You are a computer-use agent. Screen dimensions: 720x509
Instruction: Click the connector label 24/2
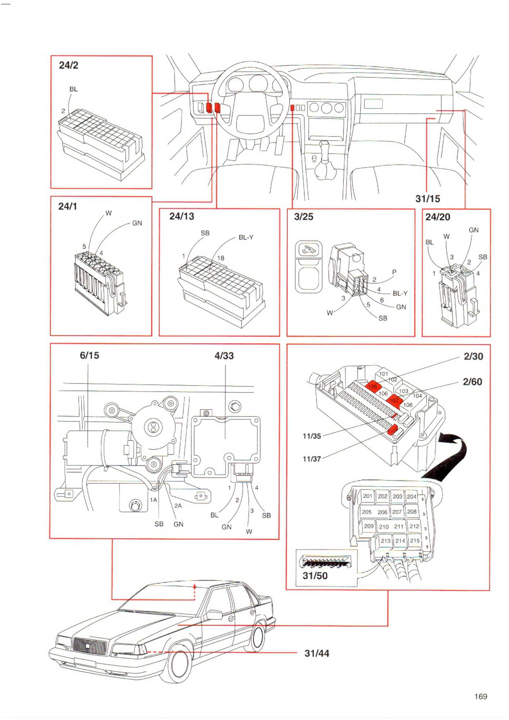tap(68, 65)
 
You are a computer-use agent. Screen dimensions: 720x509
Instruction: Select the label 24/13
tap(181, 216)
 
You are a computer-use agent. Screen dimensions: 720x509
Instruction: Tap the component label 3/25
tap(303, 217)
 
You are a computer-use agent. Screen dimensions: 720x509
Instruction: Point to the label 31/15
tap(428, 199)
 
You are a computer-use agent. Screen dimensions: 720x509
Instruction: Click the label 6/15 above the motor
tap(89, 355)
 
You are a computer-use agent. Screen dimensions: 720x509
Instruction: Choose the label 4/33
tap(224, 356)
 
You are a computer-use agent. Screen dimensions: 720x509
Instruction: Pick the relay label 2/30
tap(473, 356)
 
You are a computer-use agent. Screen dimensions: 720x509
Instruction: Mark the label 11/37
tap(312, 459)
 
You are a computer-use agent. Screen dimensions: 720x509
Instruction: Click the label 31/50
tap(315, 576)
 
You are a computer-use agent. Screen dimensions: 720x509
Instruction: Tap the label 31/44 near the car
tap(317, 653)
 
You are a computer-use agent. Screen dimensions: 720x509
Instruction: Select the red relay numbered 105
tap(373, 386)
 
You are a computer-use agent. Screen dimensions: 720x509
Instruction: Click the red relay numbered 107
tap(395, 400)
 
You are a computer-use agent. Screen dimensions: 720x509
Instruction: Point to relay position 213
tap(386, 541)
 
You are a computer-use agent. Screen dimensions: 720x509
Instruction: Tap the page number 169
tap(481, 697)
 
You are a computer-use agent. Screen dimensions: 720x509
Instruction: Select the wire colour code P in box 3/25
tap(394, 272)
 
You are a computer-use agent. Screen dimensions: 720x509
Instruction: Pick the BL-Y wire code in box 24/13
tap(246, 238)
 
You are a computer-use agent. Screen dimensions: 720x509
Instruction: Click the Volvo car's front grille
tap(90, 646)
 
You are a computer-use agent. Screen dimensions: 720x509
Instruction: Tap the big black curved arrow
tap(454, 457)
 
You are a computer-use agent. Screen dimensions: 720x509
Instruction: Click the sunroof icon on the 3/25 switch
tap(308, 249)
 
